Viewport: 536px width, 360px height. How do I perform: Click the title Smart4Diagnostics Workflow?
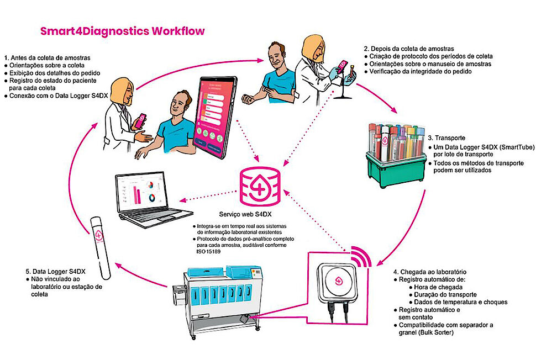click(122, 31)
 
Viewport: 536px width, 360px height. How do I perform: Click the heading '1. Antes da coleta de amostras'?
click(47, 57)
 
